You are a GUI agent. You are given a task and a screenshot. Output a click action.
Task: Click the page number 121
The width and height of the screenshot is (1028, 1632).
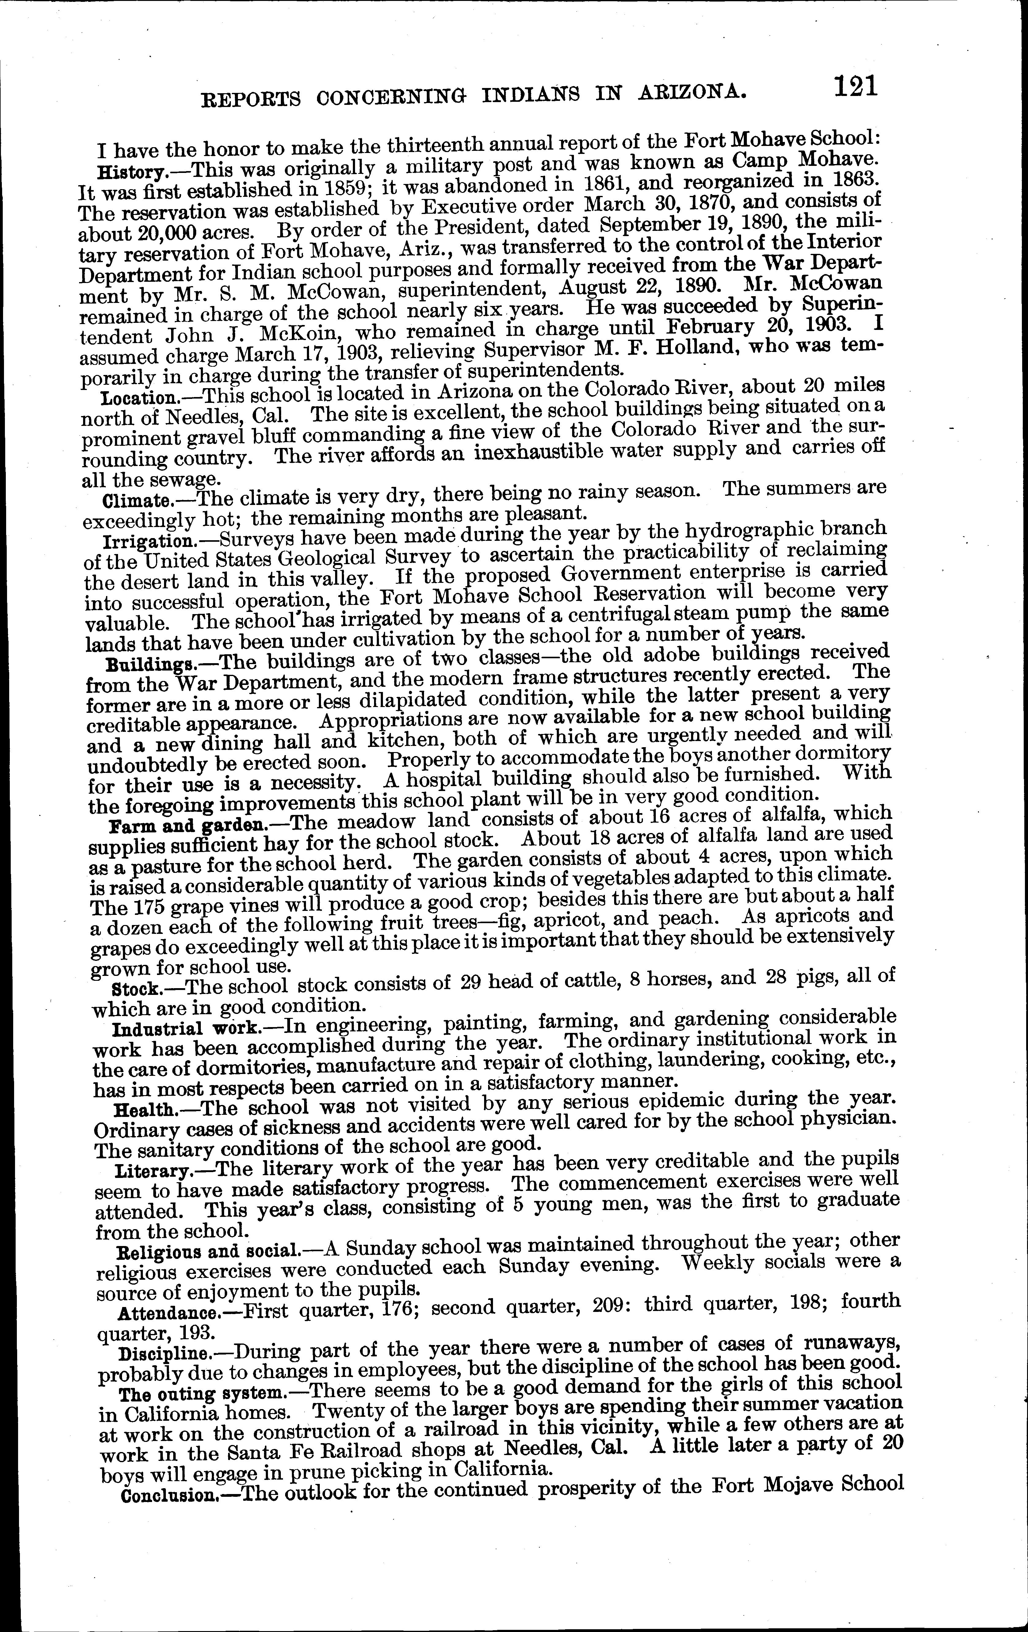[x=856, y=87]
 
